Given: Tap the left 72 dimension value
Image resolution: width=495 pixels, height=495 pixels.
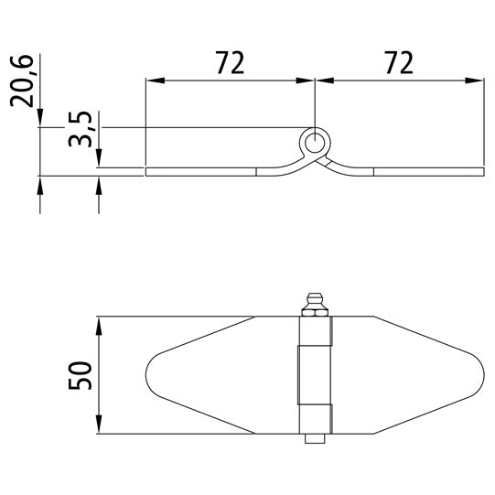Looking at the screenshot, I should click(230, 63).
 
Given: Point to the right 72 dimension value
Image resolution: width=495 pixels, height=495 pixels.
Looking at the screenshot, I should click(398, 63).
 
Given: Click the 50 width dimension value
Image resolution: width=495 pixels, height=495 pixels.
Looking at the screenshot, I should click(81, 375).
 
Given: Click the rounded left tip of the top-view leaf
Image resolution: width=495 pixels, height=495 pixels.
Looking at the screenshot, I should click(152, 375).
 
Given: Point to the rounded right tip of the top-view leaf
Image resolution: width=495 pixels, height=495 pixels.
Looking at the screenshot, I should click(478, 375).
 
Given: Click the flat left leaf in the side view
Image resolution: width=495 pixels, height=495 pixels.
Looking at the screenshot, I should click(201, 171).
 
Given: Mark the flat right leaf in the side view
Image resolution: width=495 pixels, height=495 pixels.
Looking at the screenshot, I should click(425, 171).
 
